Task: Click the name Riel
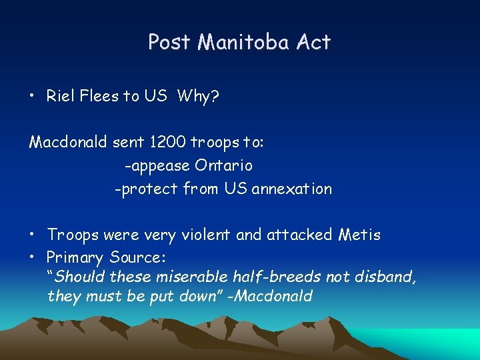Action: coord(59,96)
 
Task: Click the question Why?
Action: coord(198,96)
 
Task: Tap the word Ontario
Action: coord(223,165)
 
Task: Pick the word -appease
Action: coord(157,165)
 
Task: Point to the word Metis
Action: coord(359,235)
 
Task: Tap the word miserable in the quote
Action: coord(193,276)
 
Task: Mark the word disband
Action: coord(388,276)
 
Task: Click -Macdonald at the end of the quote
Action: coord(270,296)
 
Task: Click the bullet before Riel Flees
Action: coord(32,97)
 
